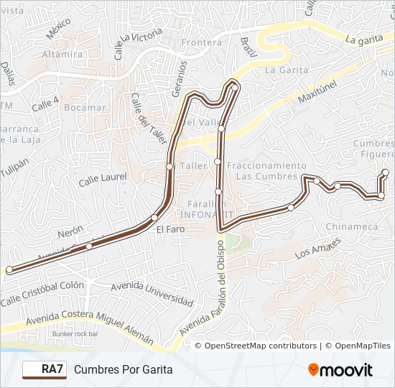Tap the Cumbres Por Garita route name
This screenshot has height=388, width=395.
point(123,369)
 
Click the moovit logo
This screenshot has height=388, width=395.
point(340,370)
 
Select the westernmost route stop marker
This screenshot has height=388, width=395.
point(9,270)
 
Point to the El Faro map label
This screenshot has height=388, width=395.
point(169,230)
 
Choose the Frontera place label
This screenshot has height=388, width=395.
point(202,42)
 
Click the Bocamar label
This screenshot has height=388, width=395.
point(85,108)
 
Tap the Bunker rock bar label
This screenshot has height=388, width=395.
point(75,334)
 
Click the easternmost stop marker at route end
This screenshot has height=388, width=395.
point(386,172)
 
